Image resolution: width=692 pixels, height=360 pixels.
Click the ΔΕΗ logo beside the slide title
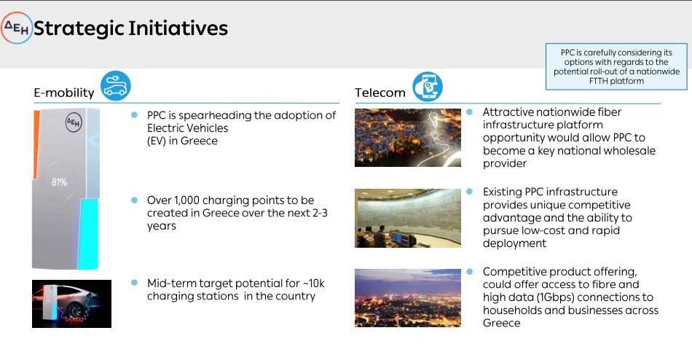[16, 28]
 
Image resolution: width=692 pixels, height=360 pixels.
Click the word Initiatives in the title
[178, 28]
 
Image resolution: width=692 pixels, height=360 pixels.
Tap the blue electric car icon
[116, 85]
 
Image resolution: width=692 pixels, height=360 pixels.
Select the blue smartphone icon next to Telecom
[428, 86]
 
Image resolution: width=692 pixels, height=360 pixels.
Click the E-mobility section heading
[64, 93]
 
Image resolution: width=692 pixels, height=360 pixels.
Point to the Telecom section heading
[380, 93]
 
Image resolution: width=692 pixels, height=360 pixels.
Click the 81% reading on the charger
[60, 182]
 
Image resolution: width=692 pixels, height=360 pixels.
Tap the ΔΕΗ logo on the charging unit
[74, 122]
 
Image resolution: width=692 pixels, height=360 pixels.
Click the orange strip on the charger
[36, 145]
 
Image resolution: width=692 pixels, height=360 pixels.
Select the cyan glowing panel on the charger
[88, 234]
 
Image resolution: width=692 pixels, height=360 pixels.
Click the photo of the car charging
[71, 304]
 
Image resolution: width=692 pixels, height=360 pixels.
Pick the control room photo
[408, 218]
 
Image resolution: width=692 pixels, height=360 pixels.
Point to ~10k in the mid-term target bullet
[313, 283]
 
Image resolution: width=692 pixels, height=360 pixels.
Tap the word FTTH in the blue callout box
[599, 81]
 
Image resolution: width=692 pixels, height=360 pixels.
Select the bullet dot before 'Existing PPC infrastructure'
[469, 191]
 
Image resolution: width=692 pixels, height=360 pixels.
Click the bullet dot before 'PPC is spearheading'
[134, 115]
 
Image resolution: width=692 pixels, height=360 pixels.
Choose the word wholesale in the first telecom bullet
[629, 151]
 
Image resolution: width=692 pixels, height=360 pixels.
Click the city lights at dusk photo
[408, 298]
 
